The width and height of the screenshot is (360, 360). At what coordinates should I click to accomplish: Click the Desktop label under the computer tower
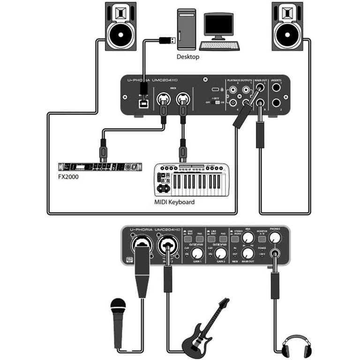(187, 57)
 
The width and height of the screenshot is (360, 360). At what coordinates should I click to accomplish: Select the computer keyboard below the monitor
(219, 45)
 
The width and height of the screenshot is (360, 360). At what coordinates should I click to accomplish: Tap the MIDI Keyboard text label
(174, 202)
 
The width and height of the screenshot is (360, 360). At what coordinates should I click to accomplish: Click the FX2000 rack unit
(100, 167)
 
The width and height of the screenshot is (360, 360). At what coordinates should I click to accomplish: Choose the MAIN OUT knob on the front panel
(248, 254)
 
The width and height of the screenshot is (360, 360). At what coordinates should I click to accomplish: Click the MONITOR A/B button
(262, 239)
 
